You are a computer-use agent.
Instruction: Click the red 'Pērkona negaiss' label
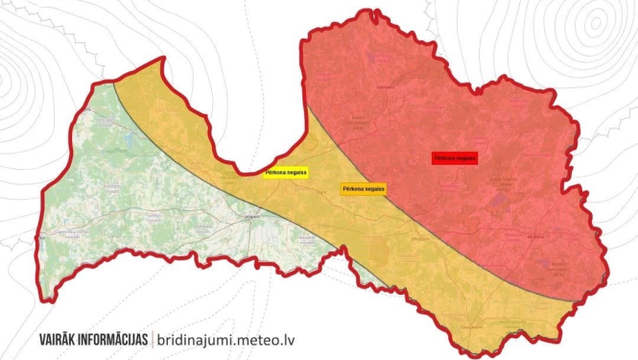pos(455,156)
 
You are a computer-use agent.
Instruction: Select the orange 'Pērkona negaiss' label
pos(364,189)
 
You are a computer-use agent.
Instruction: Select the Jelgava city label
pos(254,219)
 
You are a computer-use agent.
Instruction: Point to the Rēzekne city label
pos(535,235)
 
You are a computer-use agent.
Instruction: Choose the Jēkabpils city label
pos(419,237)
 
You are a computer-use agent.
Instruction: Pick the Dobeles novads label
pos(203,228)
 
